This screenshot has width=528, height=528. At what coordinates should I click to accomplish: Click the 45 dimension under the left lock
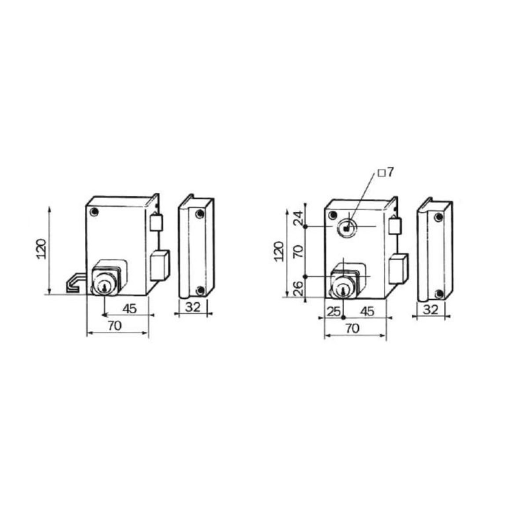(129, 308)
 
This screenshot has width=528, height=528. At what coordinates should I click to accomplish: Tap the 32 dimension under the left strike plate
(193, 307)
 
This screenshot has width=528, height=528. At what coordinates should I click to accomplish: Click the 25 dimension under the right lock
(334, 312)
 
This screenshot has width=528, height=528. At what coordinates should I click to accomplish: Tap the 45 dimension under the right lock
(367, 312)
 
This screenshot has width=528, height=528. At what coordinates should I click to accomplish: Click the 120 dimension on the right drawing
(279, 251)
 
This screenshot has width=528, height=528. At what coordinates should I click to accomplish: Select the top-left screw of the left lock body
(94, 212)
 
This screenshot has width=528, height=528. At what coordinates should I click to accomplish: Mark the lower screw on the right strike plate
(438, 294)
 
